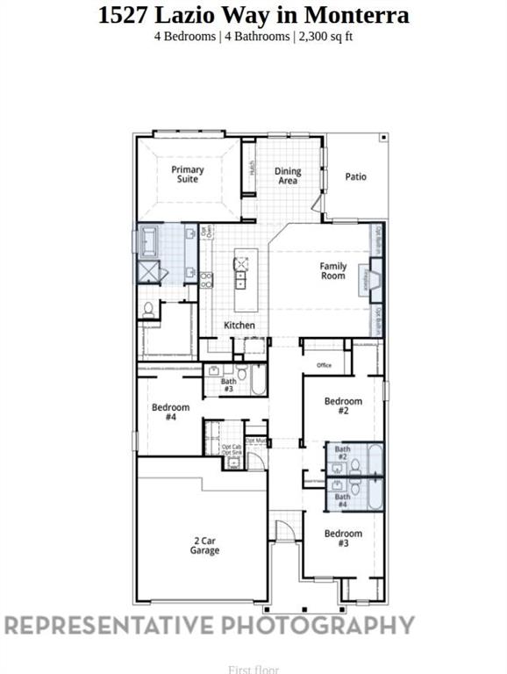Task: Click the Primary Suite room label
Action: coord(188,174)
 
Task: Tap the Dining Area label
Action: coord(288,176)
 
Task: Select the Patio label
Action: coord(355,176)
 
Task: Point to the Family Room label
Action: coord(332,270)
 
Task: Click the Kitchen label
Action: coord(239,326)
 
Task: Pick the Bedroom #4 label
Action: coord(170,412)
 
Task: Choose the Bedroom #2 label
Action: coord(343,405)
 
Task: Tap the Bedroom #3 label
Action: coord(343,538)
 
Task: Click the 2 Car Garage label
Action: coord(204,546)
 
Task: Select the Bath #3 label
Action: coord(228,384)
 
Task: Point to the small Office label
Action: coord(324,365)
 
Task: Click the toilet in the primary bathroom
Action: coord(149,309)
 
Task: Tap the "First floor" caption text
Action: coord(253,670)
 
